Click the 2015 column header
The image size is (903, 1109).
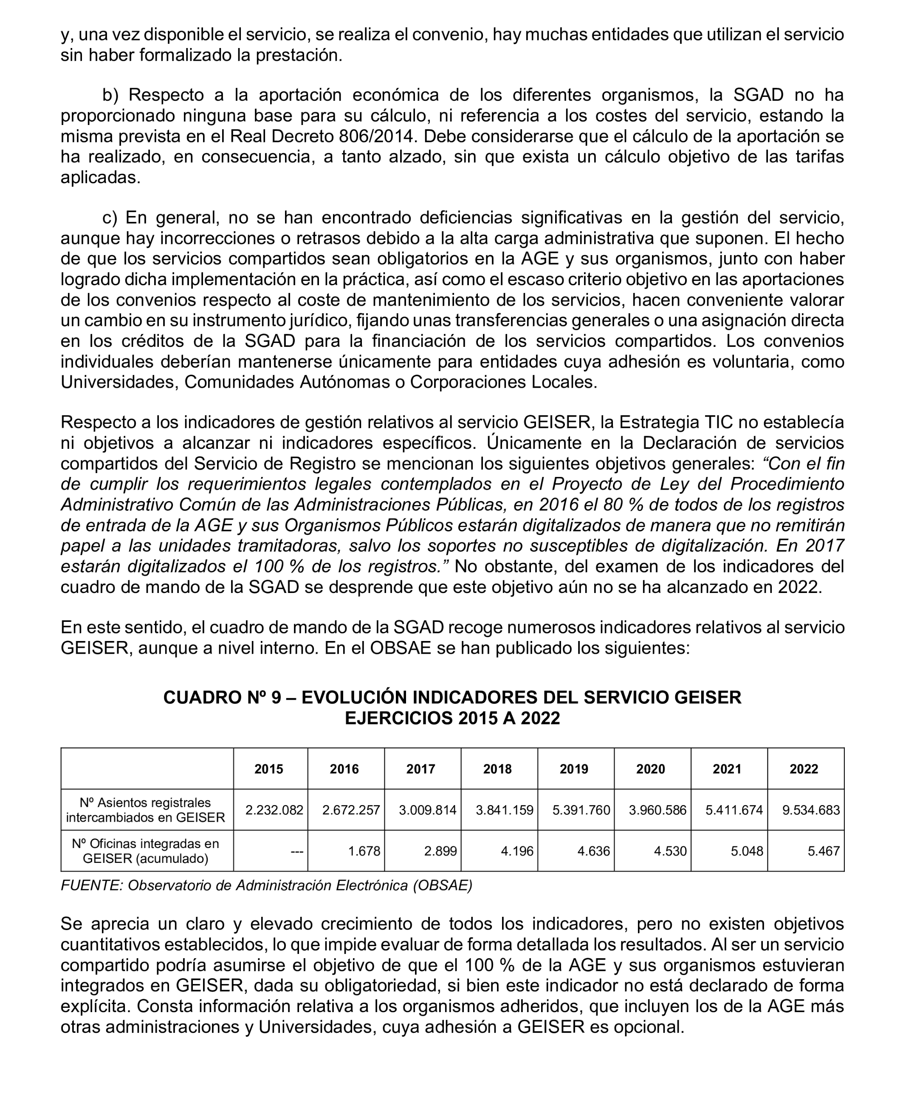268,769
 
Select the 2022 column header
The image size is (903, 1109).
804,769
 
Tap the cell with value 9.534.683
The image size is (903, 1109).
811,810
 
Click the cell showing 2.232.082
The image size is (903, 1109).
274,810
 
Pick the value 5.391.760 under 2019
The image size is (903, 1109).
581,810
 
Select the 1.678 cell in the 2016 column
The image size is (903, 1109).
364,851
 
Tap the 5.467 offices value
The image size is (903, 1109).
824,851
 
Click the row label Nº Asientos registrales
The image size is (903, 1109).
145,803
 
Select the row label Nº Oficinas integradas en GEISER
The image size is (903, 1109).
145,851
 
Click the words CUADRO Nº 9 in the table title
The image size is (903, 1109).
223,698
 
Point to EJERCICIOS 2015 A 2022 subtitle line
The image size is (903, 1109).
452,718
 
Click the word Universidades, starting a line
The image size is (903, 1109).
120,382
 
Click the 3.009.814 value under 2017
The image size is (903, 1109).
428,810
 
